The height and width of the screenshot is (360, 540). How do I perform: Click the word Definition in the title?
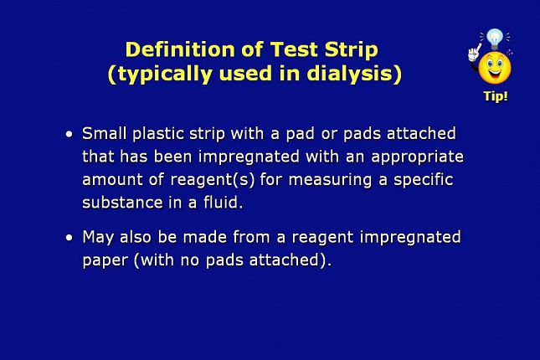pos(180,49)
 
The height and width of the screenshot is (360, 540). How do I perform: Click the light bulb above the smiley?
pos(496,39)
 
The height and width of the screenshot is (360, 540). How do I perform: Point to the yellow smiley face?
pos(495,68)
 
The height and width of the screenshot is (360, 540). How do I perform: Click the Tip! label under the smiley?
pos(496,96)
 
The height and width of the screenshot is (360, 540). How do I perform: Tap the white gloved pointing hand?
pos(474,53)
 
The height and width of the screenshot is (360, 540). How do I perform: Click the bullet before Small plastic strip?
pos(69,134)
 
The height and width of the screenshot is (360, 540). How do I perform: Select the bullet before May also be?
pos(69,238)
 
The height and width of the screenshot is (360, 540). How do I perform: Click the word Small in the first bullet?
pos(105,133)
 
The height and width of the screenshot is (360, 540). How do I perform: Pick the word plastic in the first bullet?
pos(158,134)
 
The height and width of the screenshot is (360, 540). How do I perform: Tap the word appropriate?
pos(418,157)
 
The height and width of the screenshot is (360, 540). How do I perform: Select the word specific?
pos(424,180)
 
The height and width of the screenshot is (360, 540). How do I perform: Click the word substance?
pos(122,203)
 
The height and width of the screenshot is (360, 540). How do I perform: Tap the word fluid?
pos(224,203)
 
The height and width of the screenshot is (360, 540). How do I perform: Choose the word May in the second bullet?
pos(98,238)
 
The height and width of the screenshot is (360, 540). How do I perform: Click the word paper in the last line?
pos(105,261)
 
